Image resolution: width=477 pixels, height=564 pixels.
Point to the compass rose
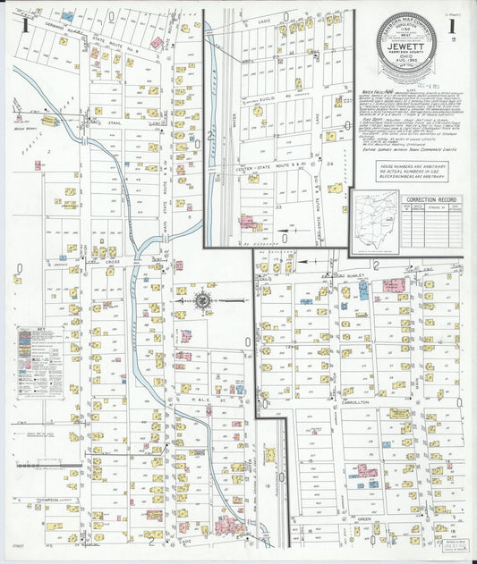click(203, 301)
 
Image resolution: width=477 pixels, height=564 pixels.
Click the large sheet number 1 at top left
click(27, 24)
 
